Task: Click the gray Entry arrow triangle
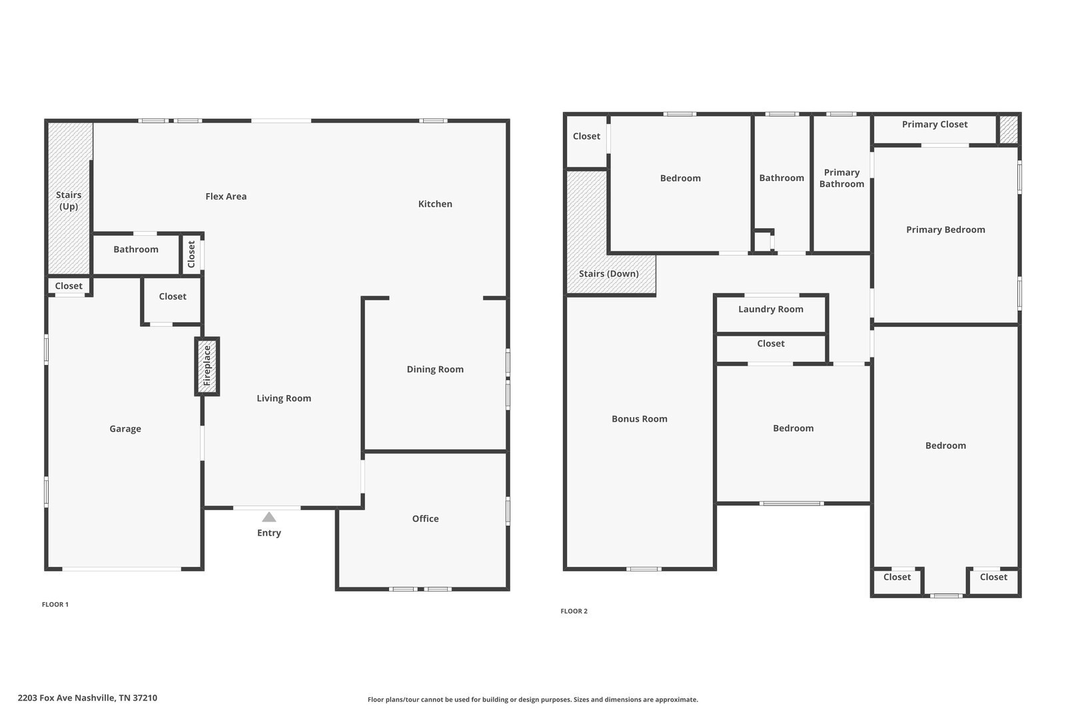(269, 518)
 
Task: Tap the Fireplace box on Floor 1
(207, 366)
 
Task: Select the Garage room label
(125, 429)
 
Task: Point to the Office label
(426, 519)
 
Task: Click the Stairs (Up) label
(69, 200)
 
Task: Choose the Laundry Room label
(771, 309)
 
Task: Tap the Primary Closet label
(935, 125)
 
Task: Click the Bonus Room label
(640, 419)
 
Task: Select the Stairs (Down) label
(609, 274)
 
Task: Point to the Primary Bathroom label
(842, 178)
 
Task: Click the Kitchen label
(435, 204)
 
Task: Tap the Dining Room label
(435, 369)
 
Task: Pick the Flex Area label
(226, 196)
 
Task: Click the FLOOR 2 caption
(574, 611)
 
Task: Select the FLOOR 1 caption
(55, 604)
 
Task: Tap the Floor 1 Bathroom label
(136, 249)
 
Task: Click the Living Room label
(284, 398)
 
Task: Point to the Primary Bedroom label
(945, 230)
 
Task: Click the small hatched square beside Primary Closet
(1009, 129)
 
